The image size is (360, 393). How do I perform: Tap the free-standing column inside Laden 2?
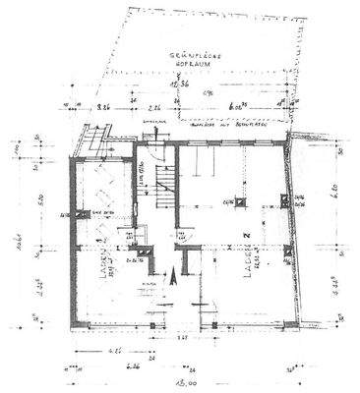click(x=240, y=204)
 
